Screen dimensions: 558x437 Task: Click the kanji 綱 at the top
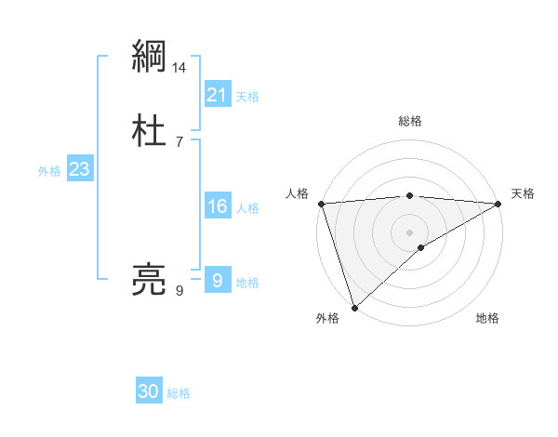tap(149, 57)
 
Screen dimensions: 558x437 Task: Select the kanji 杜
tap(149, 131)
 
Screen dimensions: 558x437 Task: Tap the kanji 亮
tap(149, 280)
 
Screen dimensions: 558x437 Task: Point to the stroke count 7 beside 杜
tap(179, 142)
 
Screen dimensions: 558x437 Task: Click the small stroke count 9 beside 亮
tap(179, 291)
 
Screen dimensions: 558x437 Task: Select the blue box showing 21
tap(217, 94)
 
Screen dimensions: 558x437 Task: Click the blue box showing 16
tap(217, 205)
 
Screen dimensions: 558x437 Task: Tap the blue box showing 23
tap(80, 169)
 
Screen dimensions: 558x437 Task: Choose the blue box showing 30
tap(149, 391)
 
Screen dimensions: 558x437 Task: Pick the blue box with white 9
tap(217, 280)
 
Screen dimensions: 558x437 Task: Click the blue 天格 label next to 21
tap(247, 97)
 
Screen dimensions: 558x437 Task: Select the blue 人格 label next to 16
tap(247, 208)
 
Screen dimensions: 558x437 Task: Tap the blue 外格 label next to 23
tap(49, 171)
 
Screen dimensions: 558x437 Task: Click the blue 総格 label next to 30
tap(179, 394)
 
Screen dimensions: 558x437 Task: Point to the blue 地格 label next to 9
tap(247, 283)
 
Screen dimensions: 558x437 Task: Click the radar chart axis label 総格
tap(410, 122)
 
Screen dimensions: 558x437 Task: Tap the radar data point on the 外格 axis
tap(354, 308)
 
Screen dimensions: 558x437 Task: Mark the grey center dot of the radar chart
tap(410, 232)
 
